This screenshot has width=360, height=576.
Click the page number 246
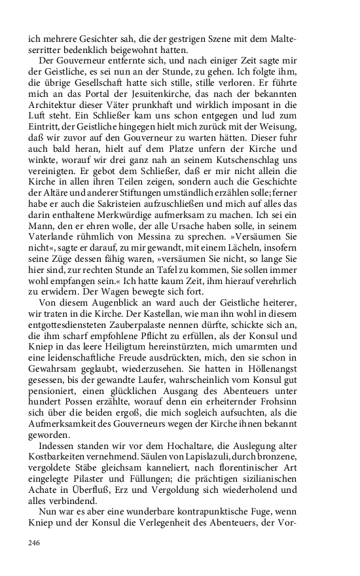pyautogui.click(x=34, y=543)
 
